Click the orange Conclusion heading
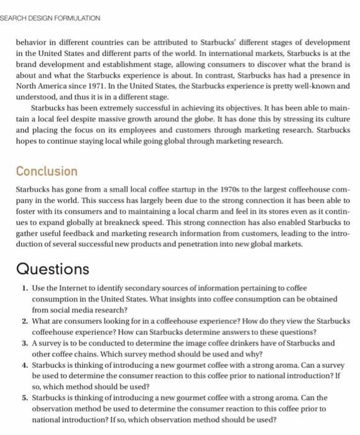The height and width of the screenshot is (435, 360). coord(47,171)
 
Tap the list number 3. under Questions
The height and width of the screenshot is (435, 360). coord(24,342)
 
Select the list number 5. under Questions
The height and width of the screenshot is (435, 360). coord(24,396)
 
